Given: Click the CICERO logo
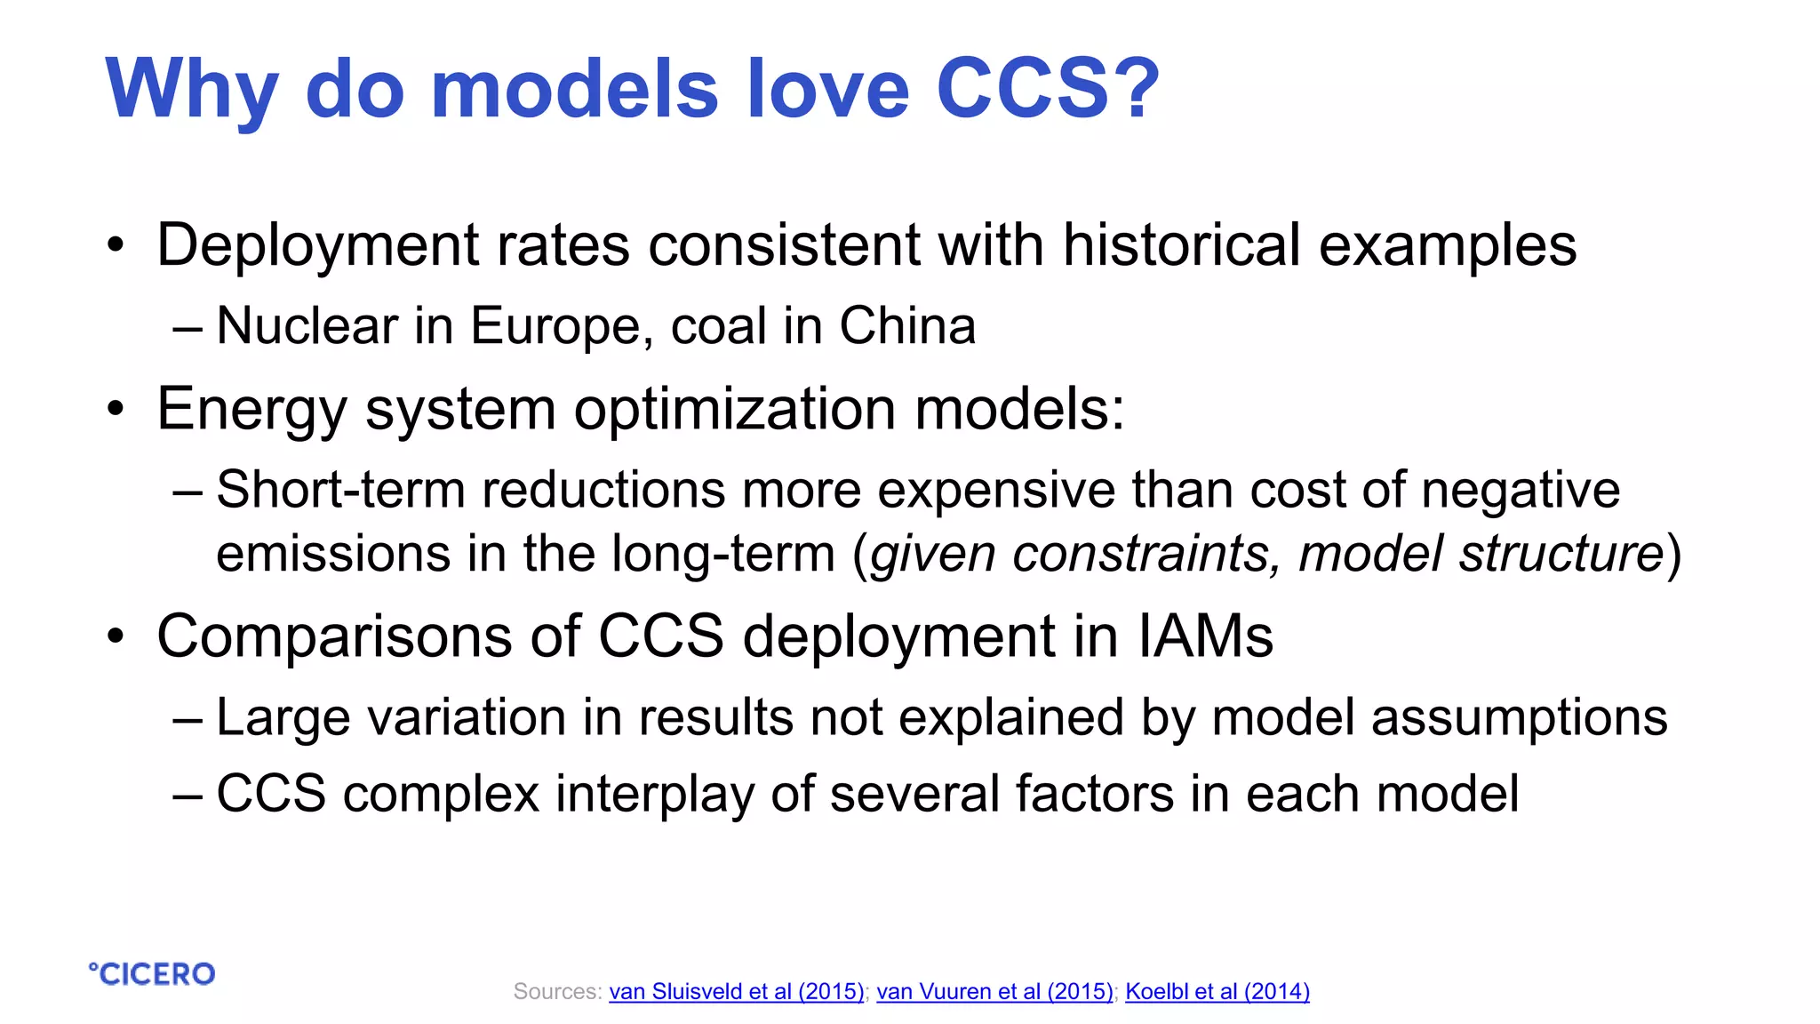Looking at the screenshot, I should [152, 974].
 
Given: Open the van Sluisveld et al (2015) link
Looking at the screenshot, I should [736, 991].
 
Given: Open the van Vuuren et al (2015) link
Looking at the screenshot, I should [994, 991].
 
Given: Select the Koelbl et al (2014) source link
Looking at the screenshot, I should [1217, 991].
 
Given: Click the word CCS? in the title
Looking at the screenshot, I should [1048, 88].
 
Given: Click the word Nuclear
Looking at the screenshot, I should [307, 325].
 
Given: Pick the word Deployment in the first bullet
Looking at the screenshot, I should [317, 246].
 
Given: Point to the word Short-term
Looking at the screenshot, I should [340, 490].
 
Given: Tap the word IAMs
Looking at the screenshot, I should [1205, 636].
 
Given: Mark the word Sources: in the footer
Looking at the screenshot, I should [557, 991].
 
